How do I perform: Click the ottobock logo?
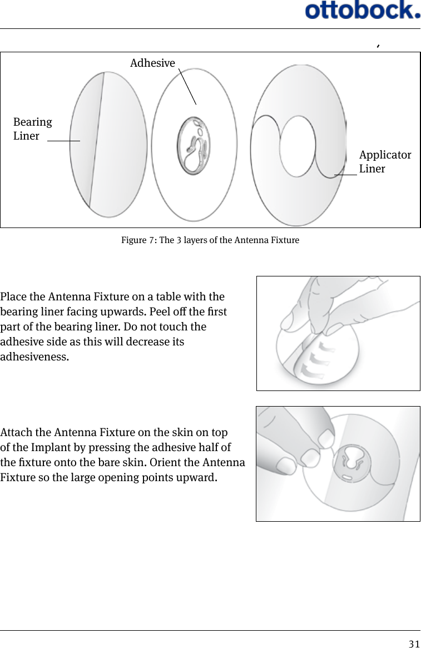362,11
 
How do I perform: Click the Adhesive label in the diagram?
152,63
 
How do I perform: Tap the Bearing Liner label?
32,129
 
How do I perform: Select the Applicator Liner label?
385,161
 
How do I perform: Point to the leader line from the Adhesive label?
187,86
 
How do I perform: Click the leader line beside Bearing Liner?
63,141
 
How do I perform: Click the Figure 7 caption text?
210,240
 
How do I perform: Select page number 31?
414,644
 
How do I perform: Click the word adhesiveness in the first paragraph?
34,357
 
